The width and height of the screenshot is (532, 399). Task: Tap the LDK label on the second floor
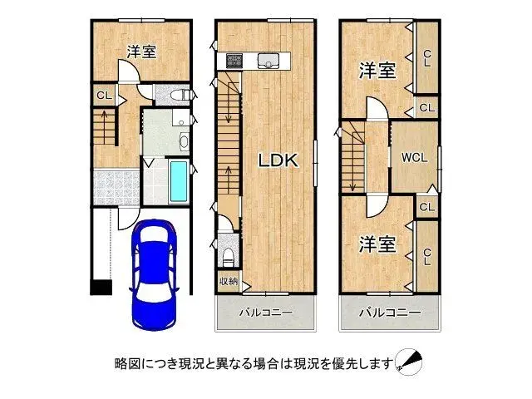pos(276,161)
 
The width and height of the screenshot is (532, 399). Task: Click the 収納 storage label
pos(229,282)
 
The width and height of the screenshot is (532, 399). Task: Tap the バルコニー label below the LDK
pos(266,313)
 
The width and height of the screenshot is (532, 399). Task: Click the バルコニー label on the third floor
pos(389,313)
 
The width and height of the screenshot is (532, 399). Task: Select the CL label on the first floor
pos(104,96)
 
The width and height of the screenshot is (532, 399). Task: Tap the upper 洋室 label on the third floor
pos(377,71)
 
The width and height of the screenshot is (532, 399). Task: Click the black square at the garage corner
pos(101,288)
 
